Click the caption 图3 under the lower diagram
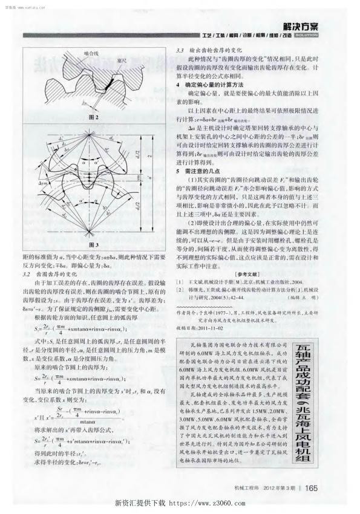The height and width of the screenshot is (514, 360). point(93,245)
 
